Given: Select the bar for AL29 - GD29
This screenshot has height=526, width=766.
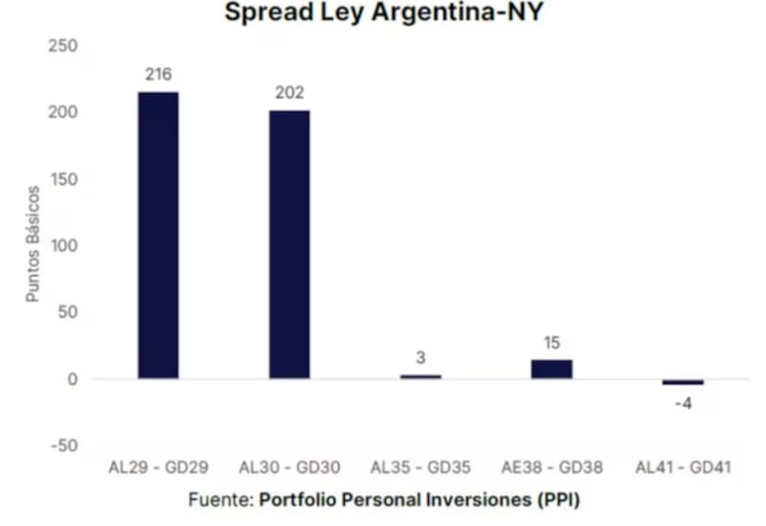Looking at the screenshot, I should coord(158,235).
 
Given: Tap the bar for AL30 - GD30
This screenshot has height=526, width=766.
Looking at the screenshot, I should coord(289,244).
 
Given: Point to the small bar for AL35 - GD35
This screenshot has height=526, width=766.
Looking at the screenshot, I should coord(420,377).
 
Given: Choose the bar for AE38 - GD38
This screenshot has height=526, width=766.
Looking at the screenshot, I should coord(552,369).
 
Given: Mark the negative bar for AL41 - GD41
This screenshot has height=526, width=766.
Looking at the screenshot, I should coord(683,382).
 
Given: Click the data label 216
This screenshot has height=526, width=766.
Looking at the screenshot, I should coord(158,75).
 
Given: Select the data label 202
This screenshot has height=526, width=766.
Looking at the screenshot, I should coord(289,93).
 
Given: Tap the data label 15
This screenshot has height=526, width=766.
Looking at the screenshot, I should coord(552,343).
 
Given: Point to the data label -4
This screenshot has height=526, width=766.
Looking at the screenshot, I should coord(683,403).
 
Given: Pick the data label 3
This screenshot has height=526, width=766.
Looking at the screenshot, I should coord(420,358).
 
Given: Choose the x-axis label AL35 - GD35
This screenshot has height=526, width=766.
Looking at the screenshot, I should coord(420,469).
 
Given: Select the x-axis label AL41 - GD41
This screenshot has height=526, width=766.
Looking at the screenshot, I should coord(683,469).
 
